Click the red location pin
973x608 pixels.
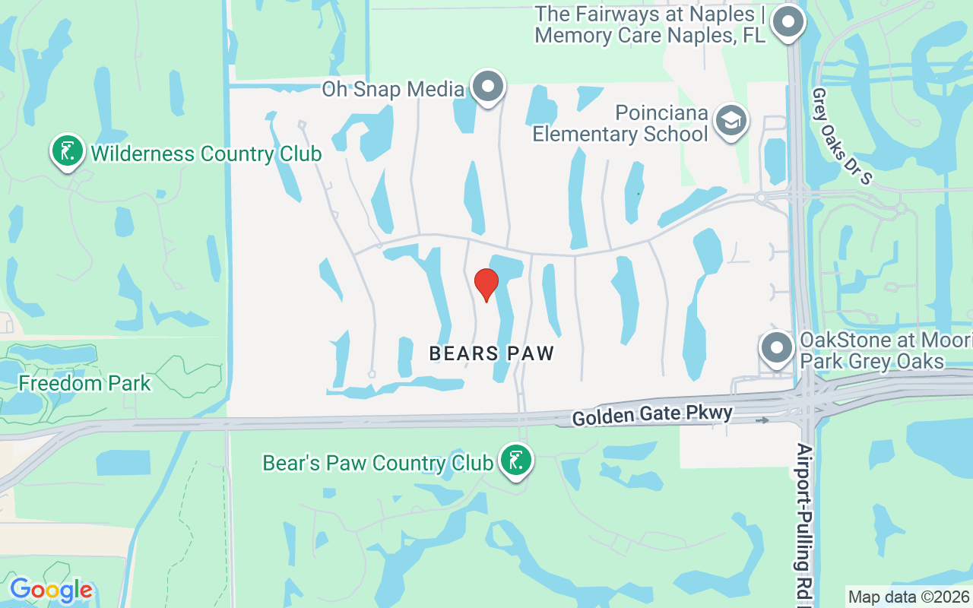[486, 283]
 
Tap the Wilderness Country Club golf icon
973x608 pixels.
[68, 151]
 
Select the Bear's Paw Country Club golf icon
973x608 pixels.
[516, 461]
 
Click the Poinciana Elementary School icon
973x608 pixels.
[731, 120]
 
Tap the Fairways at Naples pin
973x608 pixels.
[788, 22]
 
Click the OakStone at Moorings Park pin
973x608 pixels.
[777, 348]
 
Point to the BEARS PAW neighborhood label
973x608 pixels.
[492, 353]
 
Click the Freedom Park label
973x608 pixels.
[84, 383]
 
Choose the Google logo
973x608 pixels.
[51, 590]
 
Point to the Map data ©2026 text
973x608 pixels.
[909, 597]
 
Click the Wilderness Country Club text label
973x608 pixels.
[206, 154]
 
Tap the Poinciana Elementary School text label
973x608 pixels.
[620, 124]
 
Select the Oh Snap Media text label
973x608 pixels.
[393, 89]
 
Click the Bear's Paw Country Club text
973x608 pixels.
[378, 463]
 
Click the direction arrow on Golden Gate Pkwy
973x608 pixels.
[762, 420]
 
